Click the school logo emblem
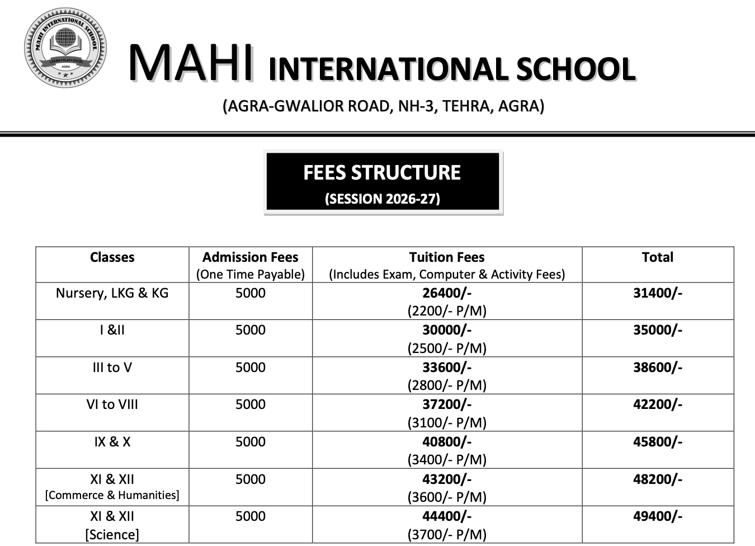[65, 48]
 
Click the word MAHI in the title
[191, 63]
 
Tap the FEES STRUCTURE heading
[382, 172]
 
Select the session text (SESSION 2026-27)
[383, 199]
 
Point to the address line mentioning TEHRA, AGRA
[383, 106]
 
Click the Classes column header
[112, 257]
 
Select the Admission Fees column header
[250, 257]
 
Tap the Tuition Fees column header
[446, 257]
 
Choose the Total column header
[657, 257]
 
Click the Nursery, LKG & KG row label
[112, 293]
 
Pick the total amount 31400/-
[657, 293]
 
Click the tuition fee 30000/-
[446, 330]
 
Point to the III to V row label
[112, 368]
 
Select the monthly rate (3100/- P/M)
[446, 422]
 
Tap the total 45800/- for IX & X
[657, 442]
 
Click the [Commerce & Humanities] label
[112, 495]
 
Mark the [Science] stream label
[112, 534]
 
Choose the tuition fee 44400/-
[446, 516]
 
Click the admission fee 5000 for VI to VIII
[250, 404]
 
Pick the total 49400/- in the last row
[657, 516]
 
